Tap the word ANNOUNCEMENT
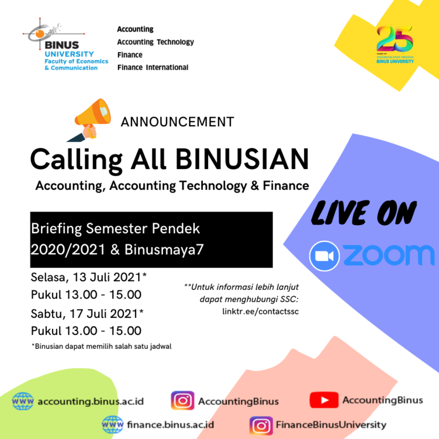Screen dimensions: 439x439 tap(177, 122)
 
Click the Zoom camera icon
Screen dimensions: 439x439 tap(325, 256)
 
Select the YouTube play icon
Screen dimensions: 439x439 tap(324, 400)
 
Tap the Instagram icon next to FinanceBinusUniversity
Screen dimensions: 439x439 tap(261, 425)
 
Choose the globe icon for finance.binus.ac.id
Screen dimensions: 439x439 tap(113, 425)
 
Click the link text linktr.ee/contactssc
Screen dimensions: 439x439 tap(260, 312)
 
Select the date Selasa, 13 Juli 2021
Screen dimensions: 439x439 tap(89, 278)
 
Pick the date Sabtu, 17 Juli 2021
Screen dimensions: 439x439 tap(87, 313)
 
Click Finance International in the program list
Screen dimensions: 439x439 tap(153, 67)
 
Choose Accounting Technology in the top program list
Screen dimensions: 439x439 tap(155, 42)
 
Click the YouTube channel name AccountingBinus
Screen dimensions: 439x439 tap(382, 400)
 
